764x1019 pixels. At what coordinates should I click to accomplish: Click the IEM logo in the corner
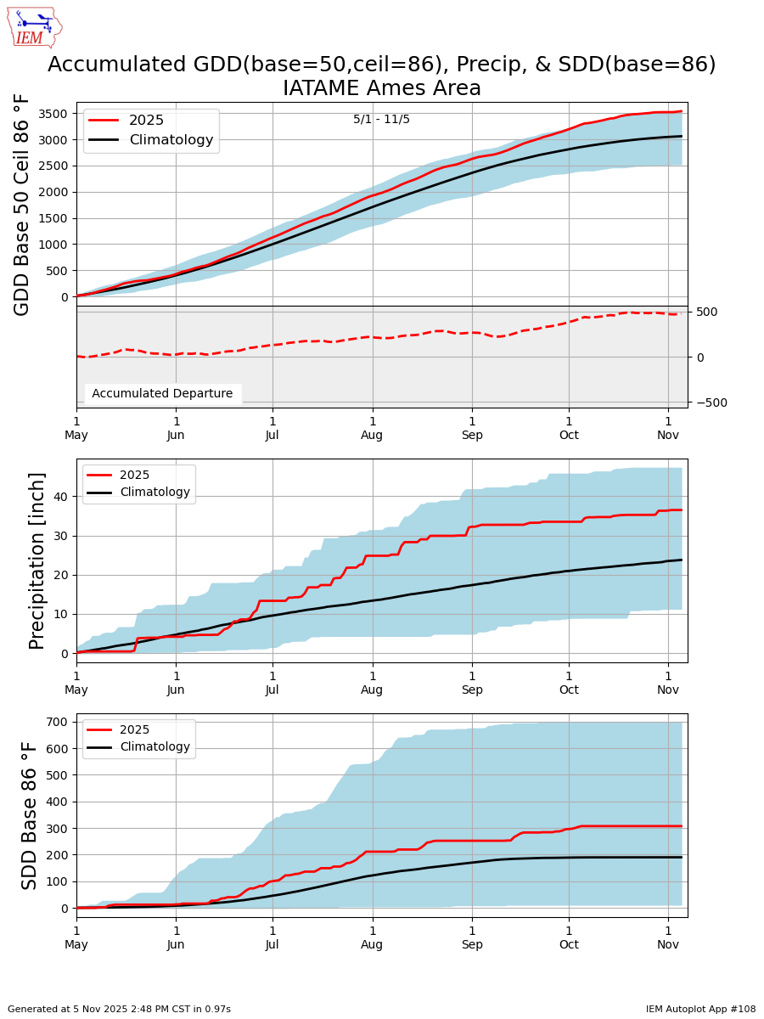click(x=34, y=27)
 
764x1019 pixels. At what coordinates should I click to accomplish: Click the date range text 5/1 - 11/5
click(x=381, y=120)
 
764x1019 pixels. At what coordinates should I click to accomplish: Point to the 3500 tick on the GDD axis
click(x=54, y=113)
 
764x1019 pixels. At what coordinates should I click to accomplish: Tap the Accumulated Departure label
click(x=162, y=393)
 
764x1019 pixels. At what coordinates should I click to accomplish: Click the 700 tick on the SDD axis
click(x=56, y=722)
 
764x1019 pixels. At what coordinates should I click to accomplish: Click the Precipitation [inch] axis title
click(x=37, y=560)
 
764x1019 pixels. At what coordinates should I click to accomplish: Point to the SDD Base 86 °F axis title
click(x=31, y=815)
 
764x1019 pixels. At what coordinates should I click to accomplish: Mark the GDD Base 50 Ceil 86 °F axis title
click(x=23, y=205)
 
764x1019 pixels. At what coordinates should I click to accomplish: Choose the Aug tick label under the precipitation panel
click(x=372, y=690)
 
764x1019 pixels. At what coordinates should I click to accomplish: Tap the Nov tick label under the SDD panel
click(x=668, y=944)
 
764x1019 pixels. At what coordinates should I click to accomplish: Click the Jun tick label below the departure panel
click(x=176, y=435)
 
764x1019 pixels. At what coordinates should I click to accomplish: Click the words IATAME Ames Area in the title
click(x=381, y=88)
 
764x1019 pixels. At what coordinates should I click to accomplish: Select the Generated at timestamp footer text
click(x=119, y=1009)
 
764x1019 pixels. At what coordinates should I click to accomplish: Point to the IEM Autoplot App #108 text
click(x=700, y=1009)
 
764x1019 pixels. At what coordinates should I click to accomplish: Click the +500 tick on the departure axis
click(x=706, y=312)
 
